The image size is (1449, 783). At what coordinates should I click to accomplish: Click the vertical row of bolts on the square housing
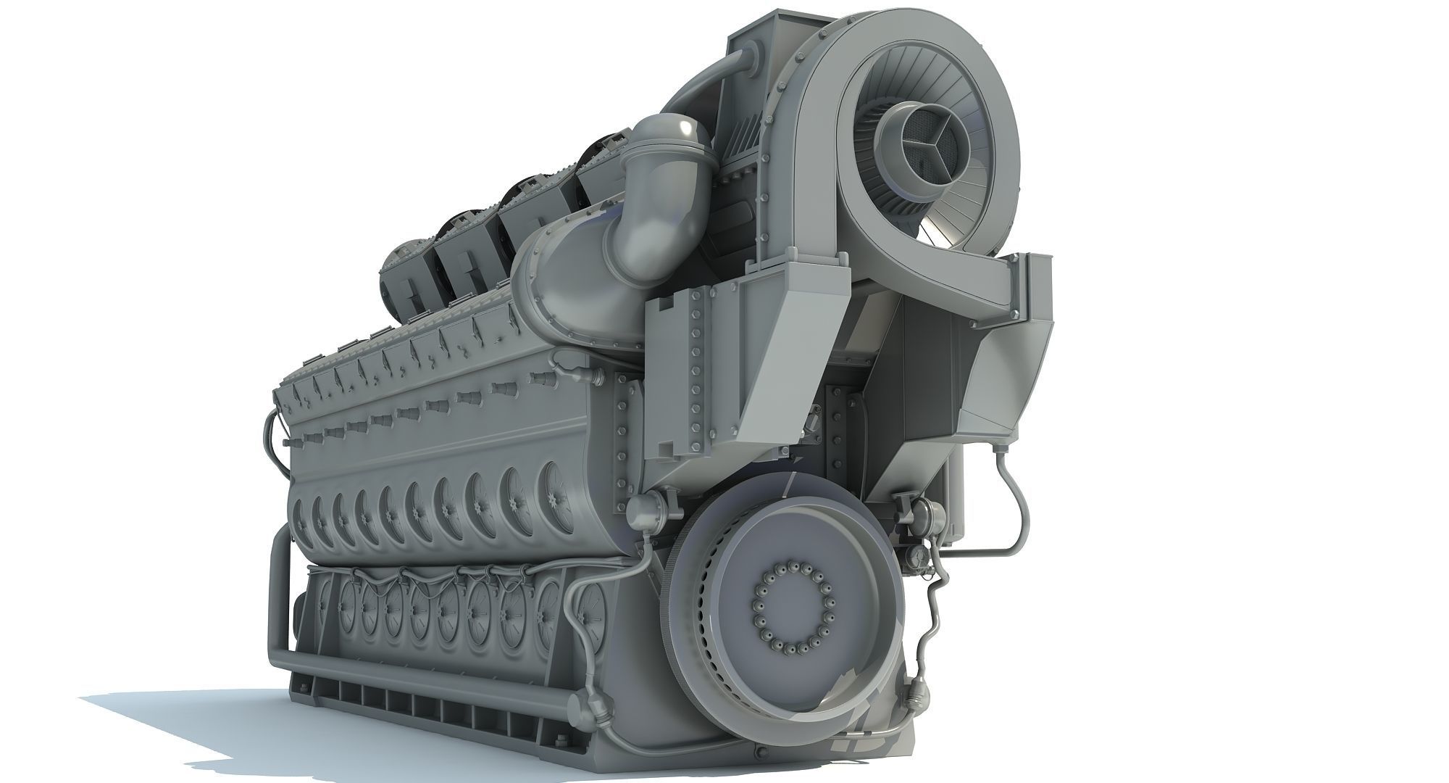pyautogui.click(x=698, y=362)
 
